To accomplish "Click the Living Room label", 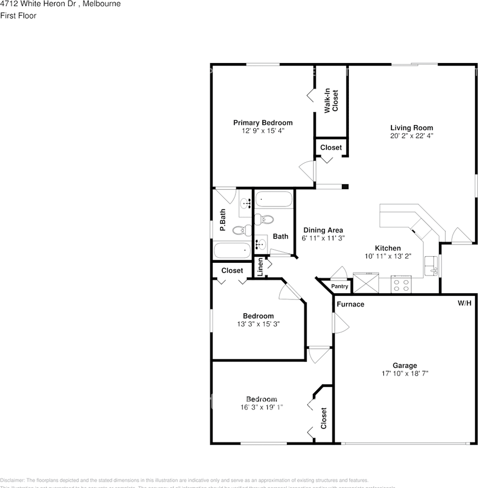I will pos(411,128).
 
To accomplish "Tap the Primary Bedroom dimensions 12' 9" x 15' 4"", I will pos(262,131).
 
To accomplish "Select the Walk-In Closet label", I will pos(332,101).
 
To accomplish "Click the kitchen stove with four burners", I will pos(402,284).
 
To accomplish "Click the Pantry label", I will pos(340,287).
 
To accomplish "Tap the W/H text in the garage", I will pos(464,303).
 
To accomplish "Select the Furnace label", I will pos(350,304).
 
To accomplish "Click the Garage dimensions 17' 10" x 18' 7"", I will pos(405,373).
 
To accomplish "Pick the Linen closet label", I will pos(260,267).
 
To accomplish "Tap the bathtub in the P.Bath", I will pos(232,251).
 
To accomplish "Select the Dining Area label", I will pos(322,230).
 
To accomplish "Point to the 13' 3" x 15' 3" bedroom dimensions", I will pos(258,324).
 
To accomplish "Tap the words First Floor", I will pos(18,15).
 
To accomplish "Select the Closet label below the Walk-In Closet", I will pos(331,147).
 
